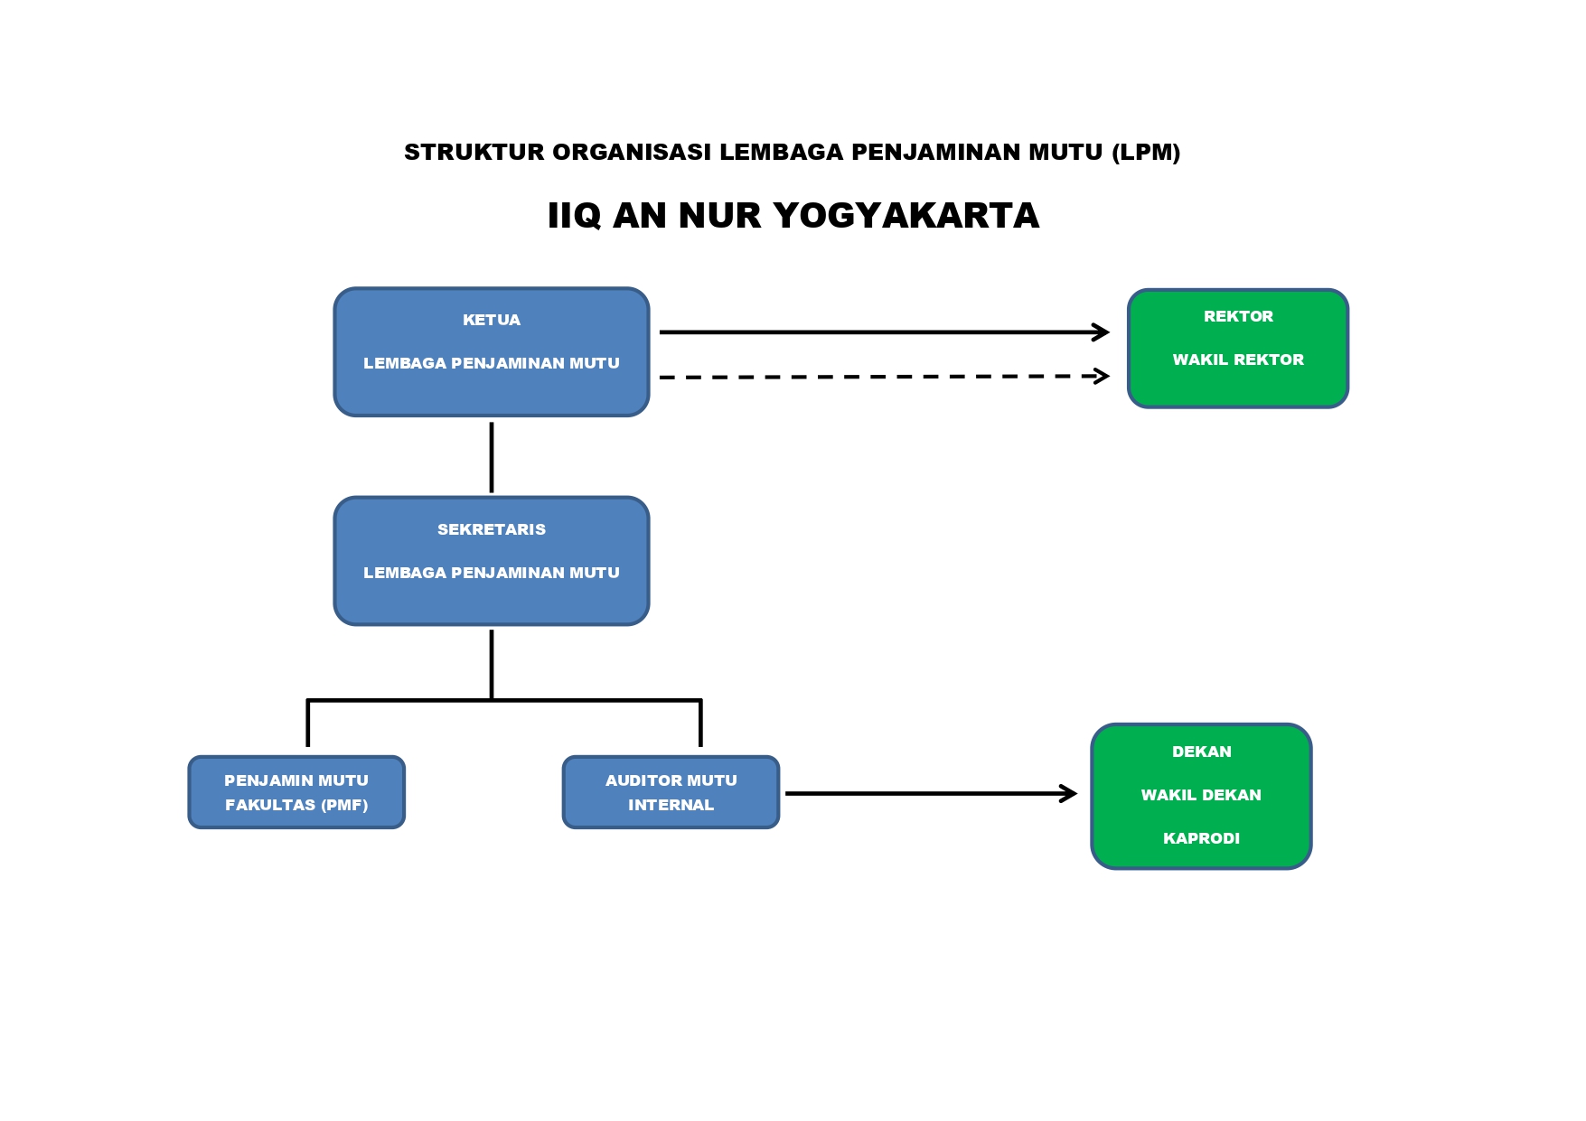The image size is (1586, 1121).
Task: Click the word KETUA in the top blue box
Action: pos(491,320)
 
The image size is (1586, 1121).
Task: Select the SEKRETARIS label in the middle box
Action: pos(491,529)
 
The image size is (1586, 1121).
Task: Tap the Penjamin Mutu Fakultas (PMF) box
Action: pos(296,792)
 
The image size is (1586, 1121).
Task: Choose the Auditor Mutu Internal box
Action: pos(671,792)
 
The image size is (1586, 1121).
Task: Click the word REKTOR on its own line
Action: pos(1238,316)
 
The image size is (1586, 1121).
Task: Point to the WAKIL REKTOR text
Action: pos(1238,360)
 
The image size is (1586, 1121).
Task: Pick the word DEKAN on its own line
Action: pos(1201,752)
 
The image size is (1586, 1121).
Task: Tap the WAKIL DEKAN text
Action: pos(1201,795)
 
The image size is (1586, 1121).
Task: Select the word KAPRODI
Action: pos(1201,838)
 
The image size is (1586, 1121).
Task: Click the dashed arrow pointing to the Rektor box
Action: pos(884,377)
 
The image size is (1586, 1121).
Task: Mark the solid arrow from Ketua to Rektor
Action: pos(884,332)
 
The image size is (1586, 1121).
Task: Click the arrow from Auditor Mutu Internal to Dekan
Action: pos(931,793)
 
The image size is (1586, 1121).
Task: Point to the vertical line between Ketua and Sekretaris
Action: pos(491,457)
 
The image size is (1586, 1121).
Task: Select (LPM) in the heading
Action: pos(1146,152)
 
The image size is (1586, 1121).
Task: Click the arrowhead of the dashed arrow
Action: pos(1101,376)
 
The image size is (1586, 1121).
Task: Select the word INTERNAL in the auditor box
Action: pos(671,805)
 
